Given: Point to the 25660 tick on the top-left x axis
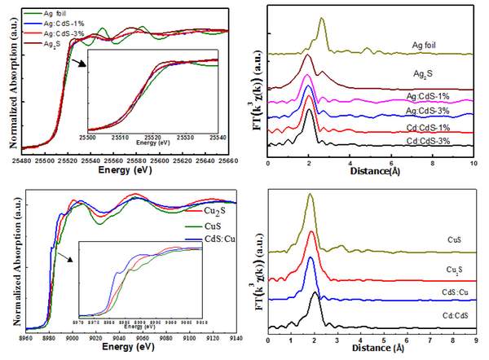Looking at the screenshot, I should tap(230, 160).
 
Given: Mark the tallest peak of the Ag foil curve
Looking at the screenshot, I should tap(323, 19).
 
